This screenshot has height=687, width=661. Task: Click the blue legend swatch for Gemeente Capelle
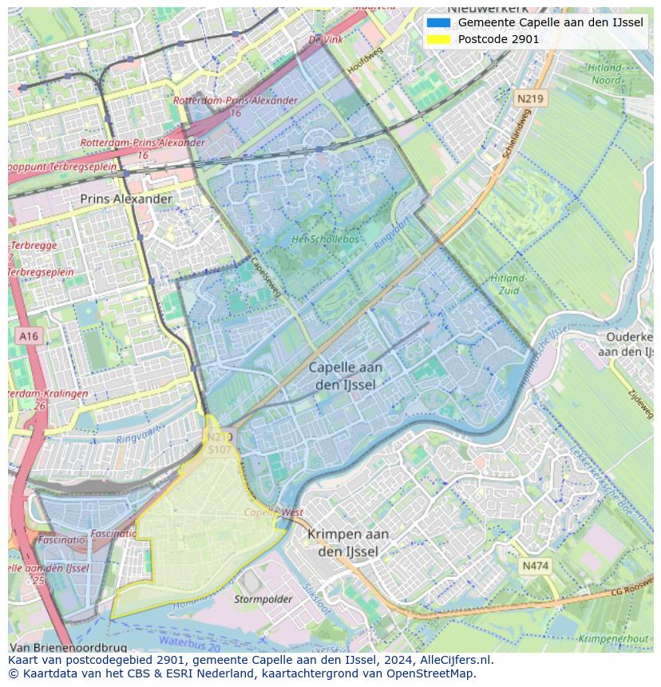[x=438, y=22]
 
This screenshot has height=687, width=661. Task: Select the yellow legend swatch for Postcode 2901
[x=438, y=39]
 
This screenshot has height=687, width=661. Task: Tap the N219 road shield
[x=530, y=99]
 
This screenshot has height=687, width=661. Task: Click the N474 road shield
[x=535, y=566]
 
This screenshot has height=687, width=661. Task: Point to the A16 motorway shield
[x=29, y=336]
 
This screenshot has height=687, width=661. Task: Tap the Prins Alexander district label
[x=126, y=199]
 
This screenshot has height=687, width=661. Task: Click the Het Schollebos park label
[x=325, y=239]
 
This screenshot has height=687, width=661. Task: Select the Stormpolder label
[x=263, y=598]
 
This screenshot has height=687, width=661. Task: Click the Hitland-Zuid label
[x=508, y=284]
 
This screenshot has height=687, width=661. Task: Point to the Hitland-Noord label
[x=605, y=74]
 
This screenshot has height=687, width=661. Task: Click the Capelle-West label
[x=274, y=512]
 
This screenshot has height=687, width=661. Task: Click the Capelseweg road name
[x=266, y=277]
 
